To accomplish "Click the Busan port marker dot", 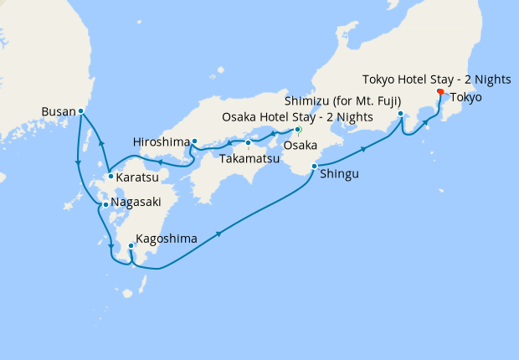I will (x=80, y=111).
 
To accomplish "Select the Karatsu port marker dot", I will (x=110, y=177).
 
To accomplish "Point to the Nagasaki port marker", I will (x=105, y=203).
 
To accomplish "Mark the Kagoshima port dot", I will (x=131, y=246).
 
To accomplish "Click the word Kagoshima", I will (x=166, y=239).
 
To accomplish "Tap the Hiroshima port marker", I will (x=194, y=141).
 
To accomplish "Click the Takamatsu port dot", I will (x=248, y=142).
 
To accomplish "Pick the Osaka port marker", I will (x=297, y=130).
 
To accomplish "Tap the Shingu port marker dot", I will (x=314, y=167).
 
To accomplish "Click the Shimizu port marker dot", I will (x=401, y=113).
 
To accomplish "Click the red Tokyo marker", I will (x=441, y=92).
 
